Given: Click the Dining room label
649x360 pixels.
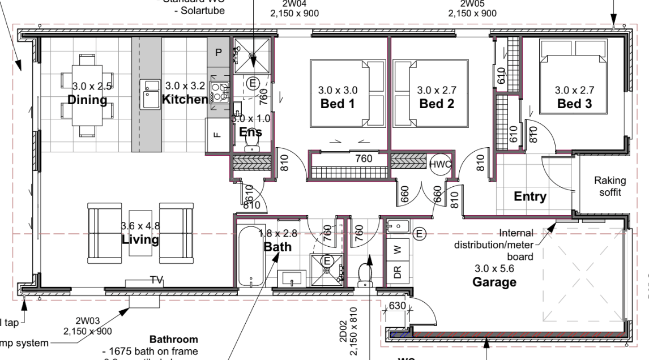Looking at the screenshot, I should (87, 101).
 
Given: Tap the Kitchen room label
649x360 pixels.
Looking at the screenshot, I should (185, 100).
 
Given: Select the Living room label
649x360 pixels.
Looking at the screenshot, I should (140, 239).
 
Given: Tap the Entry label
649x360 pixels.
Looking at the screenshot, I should (530, 197).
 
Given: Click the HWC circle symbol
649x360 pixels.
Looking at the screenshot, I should (439, 164).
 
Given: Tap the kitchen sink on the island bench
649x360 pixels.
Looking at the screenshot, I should (151, 94).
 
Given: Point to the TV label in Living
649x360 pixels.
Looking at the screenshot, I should (156, 280).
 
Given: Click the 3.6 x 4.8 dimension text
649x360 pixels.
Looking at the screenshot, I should (140, 226).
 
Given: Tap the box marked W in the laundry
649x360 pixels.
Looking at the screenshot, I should (396, 248).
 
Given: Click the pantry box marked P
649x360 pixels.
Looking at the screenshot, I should (219, 52).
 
